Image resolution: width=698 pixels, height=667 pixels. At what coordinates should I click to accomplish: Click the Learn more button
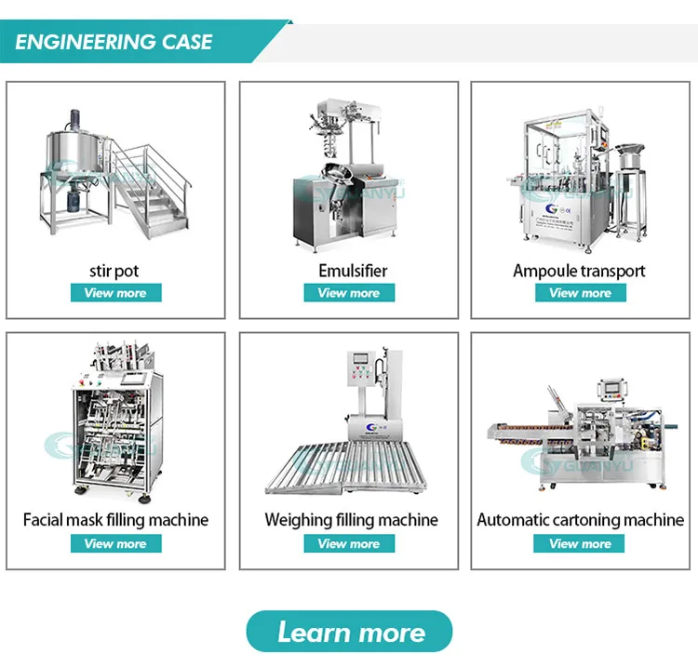(x=349, y=633)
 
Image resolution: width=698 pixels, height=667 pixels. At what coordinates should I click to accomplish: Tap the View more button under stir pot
(x=115, y=293)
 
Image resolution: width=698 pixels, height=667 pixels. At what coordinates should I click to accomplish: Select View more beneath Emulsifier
(x=349, y=293)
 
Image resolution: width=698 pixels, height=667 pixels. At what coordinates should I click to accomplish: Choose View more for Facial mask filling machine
(x=115, y=543)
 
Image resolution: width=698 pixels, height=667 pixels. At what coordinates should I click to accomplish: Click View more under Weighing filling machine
(x=349, y=543)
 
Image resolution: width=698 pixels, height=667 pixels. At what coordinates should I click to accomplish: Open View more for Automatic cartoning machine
(x=580, y=543)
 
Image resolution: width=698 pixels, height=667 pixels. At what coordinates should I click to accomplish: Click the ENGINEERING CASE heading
(x=114, y=42)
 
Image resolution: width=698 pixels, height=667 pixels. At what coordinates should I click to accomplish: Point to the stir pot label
(x=115, y=271)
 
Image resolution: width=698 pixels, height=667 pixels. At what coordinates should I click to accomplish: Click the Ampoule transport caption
(x=579, y=271)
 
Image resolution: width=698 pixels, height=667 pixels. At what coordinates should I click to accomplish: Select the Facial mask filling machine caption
(x=115, y=520)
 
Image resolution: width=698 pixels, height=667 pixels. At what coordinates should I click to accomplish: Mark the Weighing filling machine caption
(x=350, y=520)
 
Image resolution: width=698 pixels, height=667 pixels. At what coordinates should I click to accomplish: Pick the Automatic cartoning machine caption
(x=580, y=520)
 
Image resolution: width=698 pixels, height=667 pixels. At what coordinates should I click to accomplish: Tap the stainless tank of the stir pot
(x=75, y=153)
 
